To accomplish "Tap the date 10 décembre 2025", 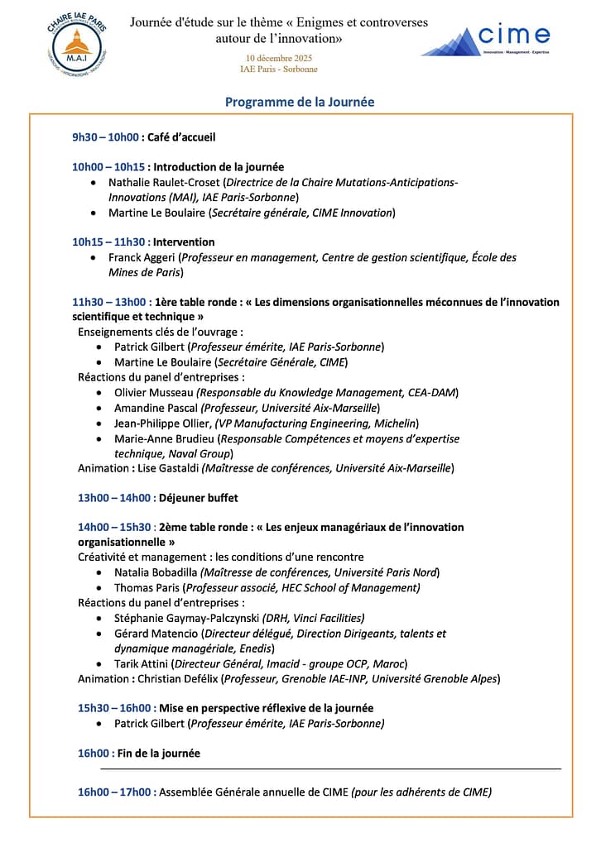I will click(x=278, y=58).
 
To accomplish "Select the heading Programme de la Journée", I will click(x=300, y=102).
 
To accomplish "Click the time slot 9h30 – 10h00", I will click(x=105, y=137).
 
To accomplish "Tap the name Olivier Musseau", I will click(x=154, y=392).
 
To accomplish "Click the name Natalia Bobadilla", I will click(x=156, y=572).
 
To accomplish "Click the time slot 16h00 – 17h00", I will click(x=117, y=792).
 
